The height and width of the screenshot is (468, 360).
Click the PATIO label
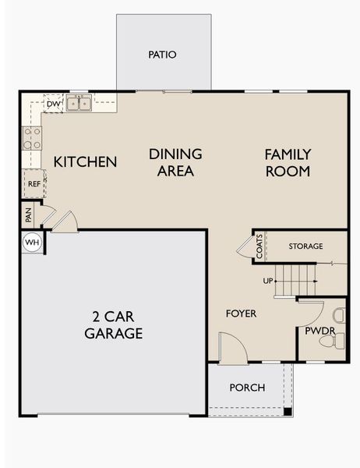click(x=162, y=55)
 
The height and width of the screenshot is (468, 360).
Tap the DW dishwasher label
click(x=54, y=104)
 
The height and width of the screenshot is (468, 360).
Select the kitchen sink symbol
click(x=79, y=103)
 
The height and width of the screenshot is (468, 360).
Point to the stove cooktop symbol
click(x=32, y=138)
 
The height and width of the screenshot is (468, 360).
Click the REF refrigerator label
click(x=34, y=184)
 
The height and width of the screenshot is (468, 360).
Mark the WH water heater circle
click(x=32, y=242)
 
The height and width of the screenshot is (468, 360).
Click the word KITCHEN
click(x=85, y=162)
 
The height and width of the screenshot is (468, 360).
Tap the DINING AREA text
click(x=175, y=162)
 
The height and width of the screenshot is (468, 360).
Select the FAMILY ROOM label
click(x=288, y=162)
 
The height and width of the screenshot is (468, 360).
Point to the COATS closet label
click(x=259, y=246)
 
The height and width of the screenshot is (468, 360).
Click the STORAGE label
click(x=305, y=246)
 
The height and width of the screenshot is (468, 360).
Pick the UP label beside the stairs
click(x=268, y=281)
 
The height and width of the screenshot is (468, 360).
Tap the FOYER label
click(x=242, y=314)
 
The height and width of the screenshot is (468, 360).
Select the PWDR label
click(x=319, y=331)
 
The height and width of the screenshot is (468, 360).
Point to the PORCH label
click(x=247, y=388)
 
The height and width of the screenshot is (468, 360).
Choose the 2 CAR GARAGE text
click(x=114, y=325)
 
